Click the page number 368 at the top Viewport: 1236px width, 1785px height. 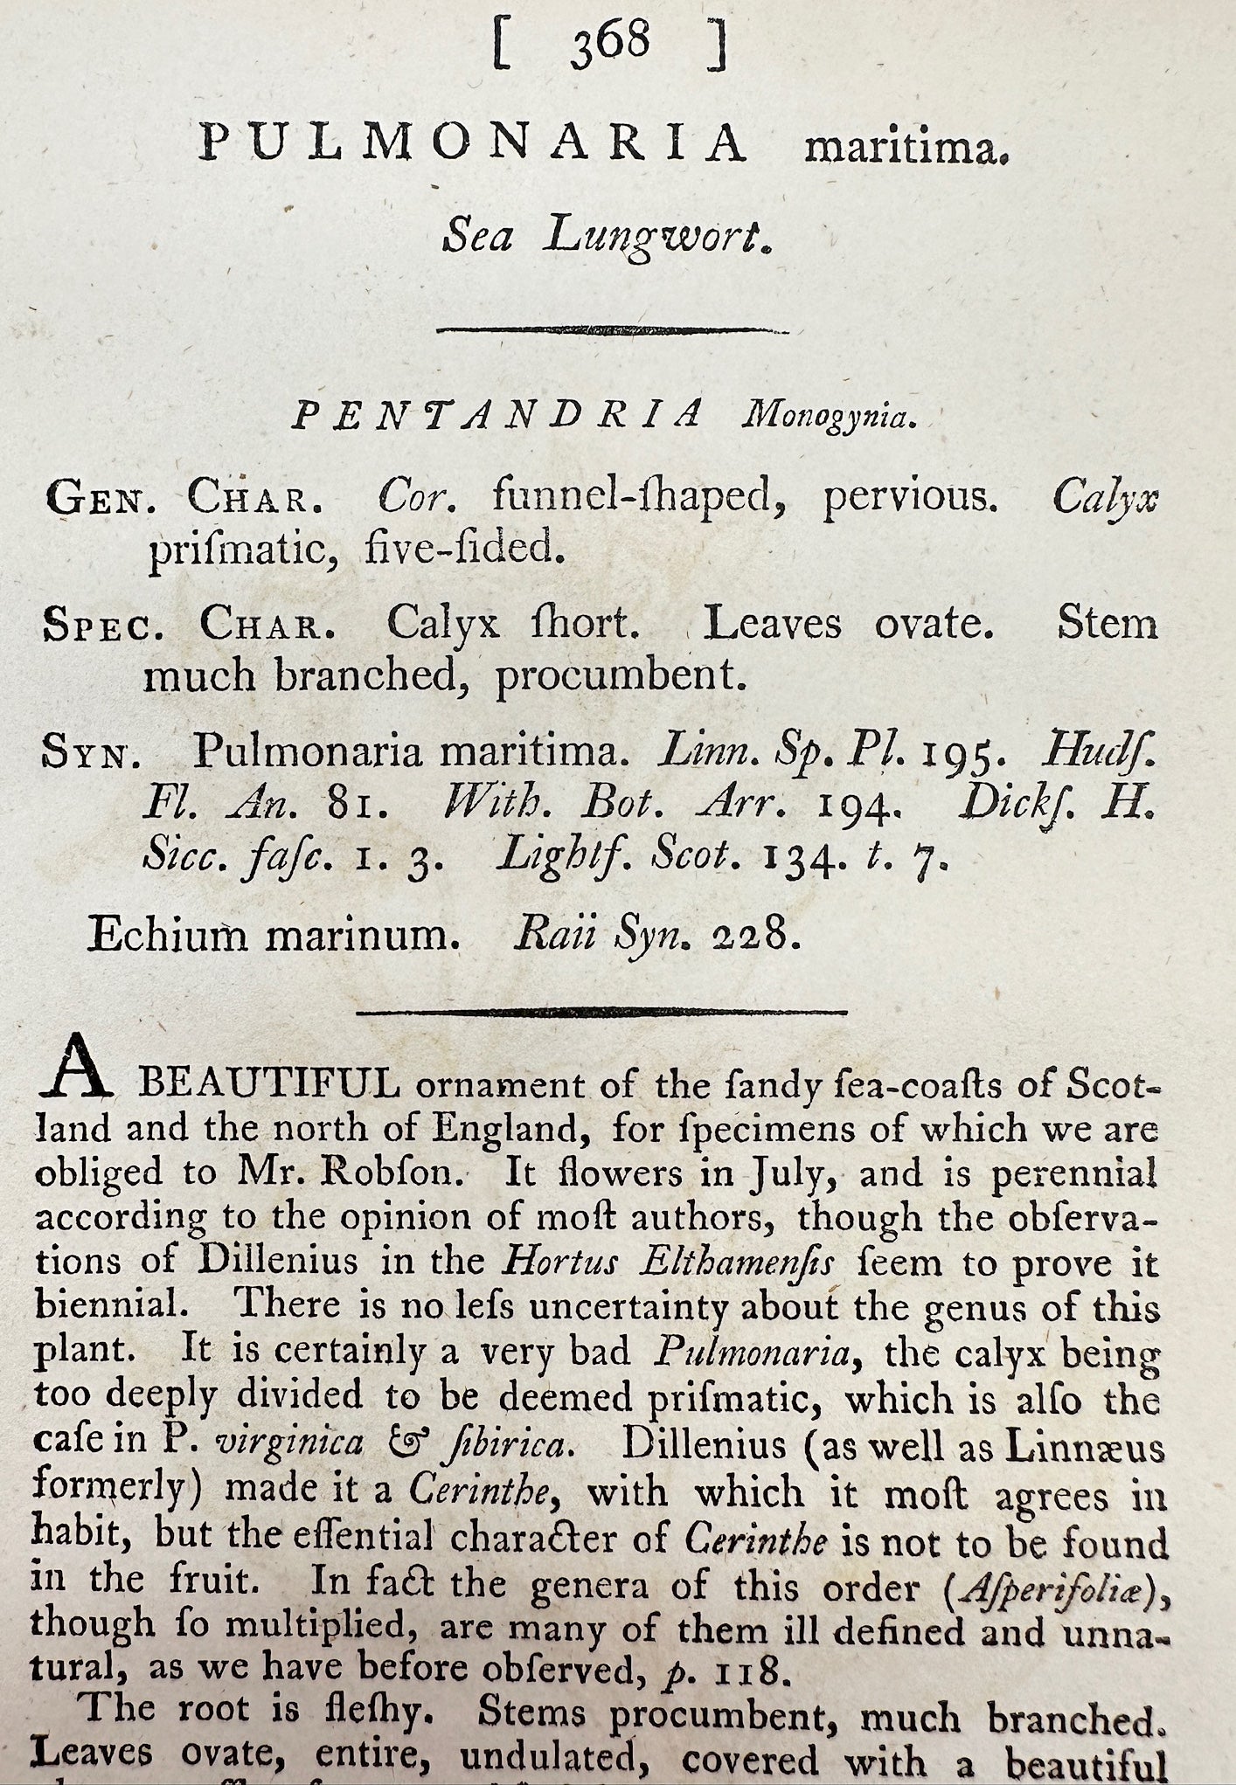point(610,42)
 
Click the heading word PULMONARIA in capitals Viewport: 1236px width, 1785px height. point(473,142)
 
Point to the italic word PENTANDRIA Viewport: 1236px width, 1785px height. point(498,415)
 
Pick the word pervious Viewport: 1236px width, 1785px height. point(909,498)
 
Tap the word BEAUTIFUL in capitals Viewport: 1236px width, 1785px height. point(270,1086)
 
